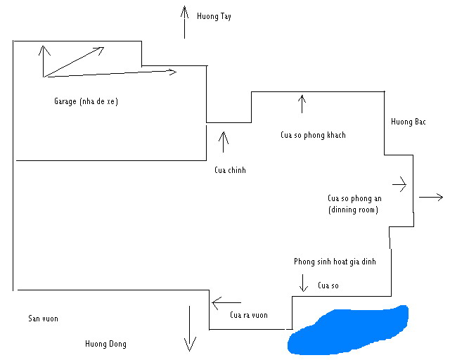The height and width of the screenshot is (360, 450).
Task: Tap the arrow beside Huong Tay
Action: click(184, 22)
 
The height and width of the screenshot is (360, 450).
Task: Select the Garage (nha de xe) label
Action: click(86, 101)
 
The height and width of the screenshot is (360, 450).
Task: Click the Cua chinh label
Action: click(230, 170)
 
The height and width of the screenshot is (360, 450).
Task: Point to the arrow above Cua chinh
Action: click(224, 141)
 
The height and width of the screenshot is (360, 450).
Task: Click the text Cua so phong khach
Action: click(313, 135)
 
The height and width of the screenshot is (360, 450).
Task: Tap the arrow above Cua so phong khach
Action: click(302, 104)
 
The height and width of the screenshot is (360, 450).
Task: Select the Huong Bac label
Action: click(409, 122)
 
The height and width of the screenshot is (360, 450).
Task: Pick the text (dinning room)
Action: click(353, 210)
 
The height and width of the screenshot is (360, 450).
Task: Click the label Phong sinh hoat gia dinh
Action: click(335, 262)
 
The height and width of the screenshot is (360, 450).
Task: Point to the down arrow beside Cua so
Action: click(304, 283)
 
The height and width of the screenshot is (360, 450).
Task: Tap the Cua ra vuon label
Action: click(249, 315)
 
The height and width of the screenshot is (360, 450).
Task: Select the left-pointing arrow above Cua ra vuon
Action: click(226, 303)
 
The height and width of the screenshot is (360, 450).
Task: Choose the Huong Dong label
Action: click(105, 344)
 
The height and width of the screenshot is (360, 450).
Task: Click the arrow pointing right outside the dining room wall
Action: click(430, 198)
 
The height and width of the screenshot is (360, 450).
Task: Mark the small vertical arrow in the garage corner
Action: click(44, 60)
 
